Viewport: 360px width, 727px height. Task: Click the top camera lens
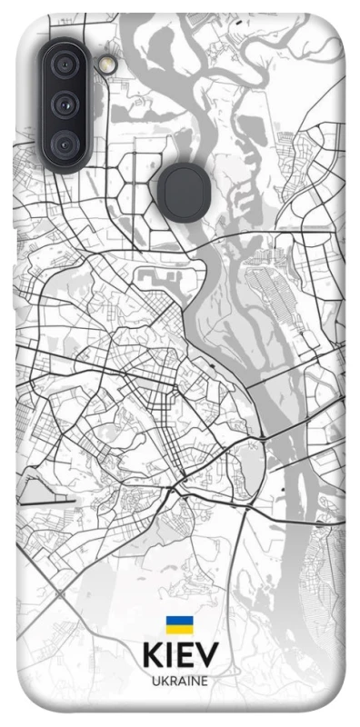coord(65,65)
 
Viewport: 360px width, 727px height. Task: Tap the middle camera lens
coord(65,104)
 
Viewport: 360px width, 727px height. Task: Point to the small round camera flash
coord(109,65)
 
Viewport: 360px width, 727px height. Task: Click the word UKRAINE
coord(179,682)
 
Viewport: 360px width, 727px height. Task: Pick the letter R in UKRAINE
coord(170,682)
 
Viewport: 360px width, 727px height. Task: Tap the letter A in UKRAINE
coord(179,682)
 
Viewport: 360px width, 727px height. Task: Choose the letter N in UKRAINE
coord(194,682)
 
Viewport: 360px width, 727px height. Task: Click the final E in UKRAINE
coord(205,682)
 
